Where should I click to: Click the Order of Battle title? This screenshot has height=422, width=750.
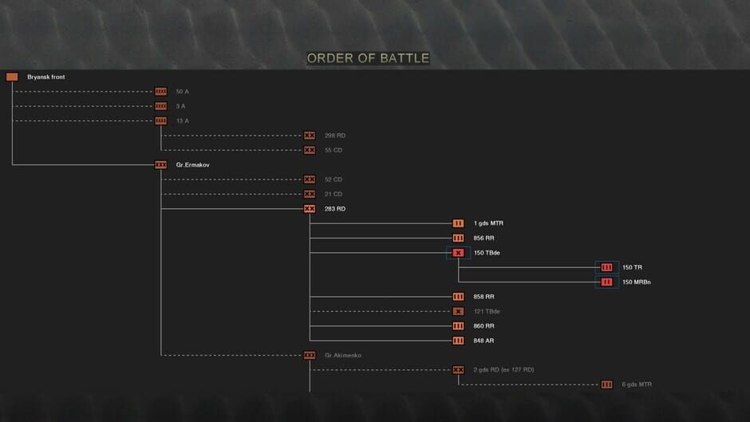(368, 58)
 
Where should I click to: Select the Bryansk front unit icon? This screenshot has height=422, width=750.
(12, 77)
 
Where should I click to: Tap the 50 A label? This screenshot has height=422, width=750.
(182, 92)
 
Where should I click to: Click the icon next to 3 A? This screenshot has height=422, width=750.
(160, 106)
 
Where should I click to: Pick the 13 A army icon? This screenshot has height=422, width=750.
(160, 120)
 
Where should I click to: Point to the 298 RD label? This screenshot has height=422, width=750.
(335, 136)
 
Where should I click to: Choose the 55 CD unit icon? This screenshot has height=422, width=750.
(310, 150)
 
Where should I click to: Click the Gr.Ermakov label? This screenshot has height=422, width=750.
(192, 165)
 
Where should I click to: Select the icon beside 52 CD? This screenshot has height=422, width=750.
(310, 179)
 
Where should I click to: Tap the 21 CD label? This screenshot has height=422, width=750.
(334, 194)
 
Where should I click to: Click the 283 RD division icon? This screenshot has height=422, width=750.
(310, 209)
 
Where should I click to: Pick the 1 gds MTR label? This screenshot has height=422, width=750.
(488, 223)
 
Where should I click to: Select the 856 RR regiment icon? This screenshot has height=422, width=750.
(458, 238)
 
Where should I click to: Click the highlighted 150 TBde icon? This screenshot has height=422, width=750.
(458, 253)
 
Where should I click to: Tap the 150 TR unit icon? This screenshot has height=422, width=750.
(606, 267)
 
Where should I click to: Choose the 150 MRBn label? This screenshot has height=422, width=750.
(637, 282)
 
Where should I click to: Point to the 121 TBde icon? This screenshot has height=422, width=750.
(458, 311)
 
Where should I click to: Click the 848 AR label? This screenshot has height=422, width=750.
(484, 341)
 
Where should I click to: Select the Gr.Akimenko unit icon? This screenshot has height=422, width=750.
(310, 355)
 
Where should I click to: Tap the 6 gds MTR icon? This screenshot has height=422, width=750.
(606, 385)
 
